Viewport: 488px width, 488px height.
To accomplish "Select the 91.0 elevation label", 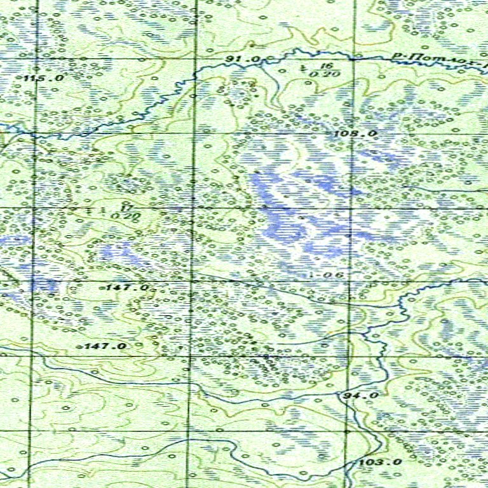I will pyautogui.click(x=243, y=59).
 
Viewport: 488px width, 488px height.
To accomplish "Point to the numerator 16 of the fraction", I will pyautogui.click(x=326, y=66).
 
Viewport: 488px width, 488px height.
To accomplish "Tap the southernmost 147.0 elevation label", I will pyautogui.click(x=105, y=346).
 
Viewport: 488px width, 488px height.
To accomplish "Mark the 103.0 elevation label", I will pyautogui.click(x=380, y=462).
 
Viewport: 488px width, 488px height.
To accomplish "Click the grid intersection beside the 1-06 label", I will pyautogui.click(x=350, y=280).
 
